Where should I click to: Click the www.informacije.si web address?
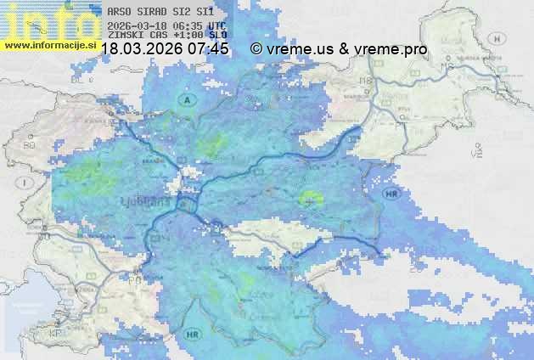click(x=50, y=45)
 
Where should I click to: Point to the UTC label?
click(x=216, y=26)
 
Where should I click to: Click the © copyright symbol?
click(x=256, y=49)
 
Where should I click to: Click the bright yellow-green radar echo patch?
click(x=312, y=198)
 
